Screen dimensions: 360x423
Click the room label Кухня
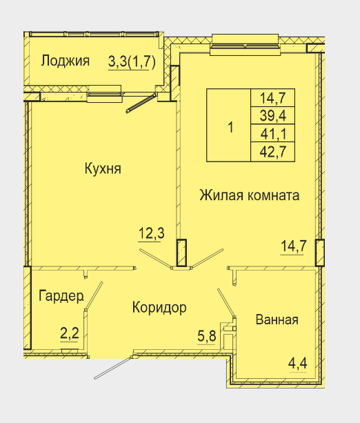point(103,169)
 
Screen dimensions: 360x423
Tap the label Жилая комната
point(250,195)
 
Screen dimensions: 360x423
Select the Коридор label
point(159,308)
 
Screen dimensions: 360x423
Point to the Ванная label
point(277,319)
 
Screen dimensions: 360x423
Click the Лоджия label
point(66,61)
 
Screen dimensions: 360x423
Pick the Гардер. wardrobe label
point(61,296)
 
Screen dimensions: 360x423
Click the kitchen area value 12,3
point(151,233)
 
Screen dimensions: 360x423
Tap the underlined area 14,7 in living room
point(294,246)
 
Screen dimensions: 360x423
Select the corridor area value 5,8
point(207,336)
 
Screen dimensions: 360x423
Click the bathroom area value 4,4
point(298,364)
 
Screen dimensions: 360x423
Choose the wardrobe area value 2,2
point(69,334)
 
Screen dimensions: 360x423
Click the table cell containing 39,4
point(272,116)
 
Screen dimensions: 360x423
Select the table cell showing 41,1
point(272,133)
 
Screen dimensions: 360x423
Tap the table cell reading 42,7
point(272,152)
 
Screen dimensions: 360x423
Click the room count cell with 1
point(229,125)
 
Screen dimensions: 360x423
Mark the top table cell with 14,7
point(272,98)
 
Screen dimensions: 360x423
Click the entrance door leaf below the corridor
point(113,368)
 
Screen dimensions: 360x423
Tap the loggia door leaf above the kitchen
point(141,103)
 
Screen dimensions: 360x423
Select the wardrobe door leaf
point(94,296)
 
